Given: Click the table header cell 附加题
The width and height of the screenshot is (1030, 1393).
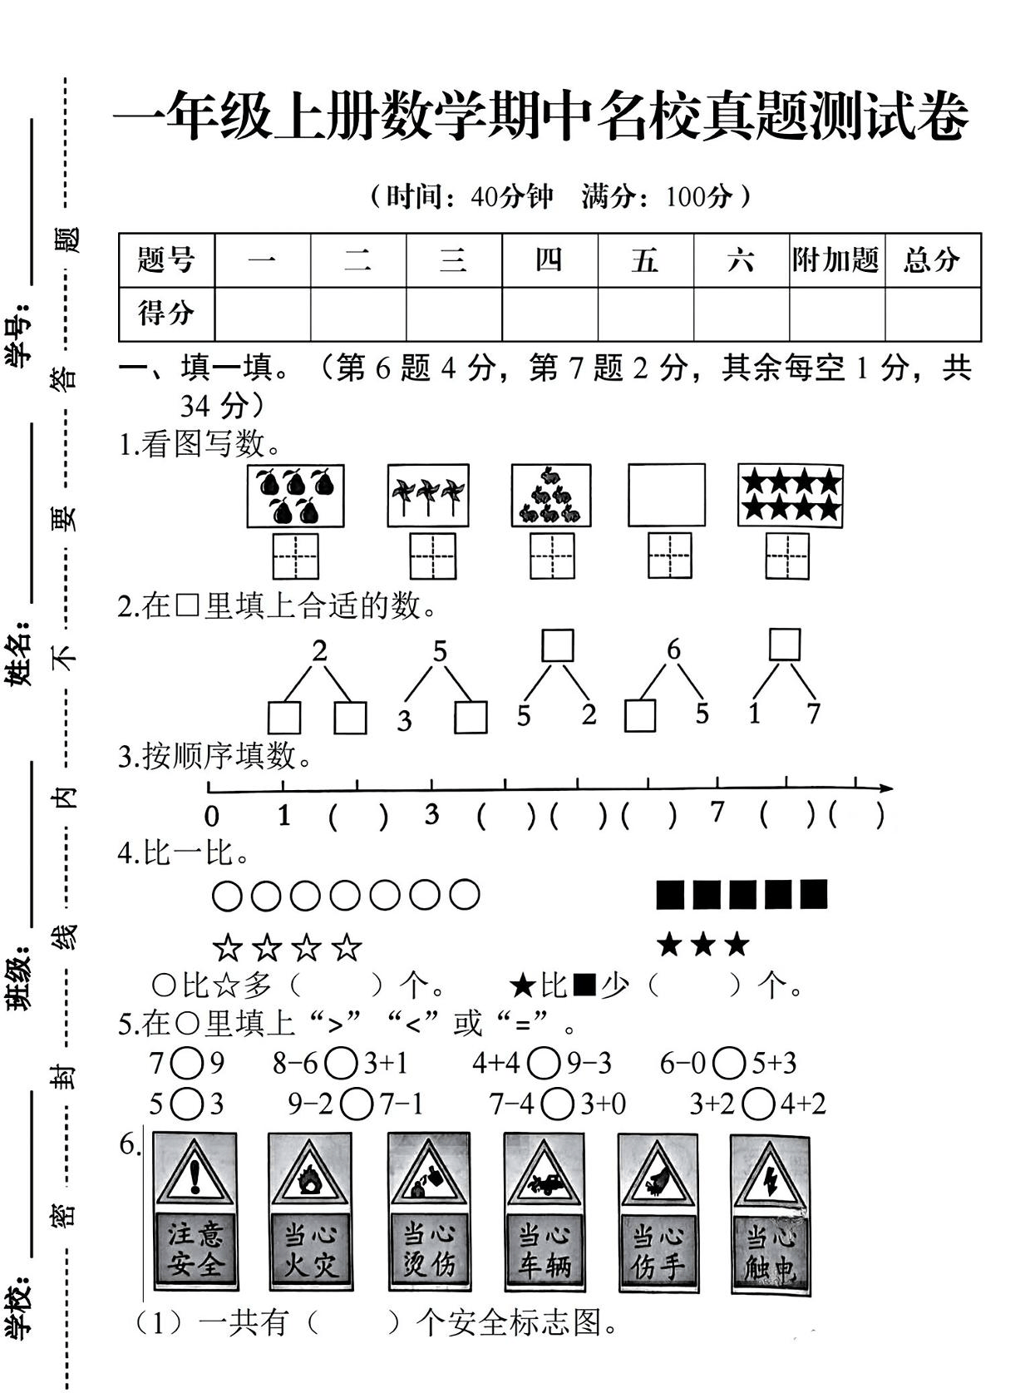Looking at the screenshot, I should pos(835,260).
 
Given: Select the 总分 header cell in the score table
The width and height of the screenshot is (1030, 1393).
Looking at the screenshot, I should pos(932,260).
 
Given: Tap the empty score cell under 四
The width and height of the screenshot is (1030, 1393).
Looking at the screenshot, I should pos(549,314).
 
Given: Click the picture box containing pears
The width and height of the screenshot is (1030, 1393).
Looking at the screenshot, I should pos(295,496).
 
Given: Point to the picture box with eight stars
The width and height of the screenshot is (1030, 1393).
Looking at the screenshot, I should pos(791,496).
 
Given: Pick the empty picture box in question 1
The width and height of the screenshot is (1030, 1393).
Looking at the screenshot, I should pos(667,496).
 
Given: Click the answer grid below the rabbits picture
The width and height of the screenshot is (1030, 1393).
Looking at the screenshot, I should pos(552,556).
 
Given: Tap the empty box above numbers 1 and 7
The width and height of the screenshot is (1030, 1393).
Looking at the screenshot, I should pos(785,645).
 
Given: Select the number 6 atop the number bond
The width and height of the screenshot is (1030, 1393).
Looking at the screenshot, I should pos(673,650).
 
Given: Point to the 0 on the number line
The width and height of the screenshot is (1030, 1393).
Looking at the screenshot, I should pos(212,817).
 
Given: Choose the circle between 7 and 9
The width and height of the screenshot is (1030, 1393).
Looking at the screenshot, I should pos(189,1063).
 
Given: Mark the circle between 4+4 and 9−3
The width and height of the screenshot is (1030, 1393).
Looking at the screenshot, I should pos(545,1063).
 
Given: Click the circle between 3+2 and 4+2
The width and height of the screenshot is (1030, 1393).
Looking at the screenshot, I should pos(757,1104).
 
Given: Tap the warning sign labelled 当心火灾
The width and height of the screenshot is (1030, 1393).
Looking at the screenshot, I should pos(310,1210).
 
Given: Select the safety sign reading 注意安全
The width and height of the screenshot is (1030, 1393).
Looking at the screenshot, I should pos(195,1210).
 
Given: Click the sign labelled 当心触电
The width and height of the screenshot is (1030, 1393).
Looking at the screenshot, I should pos(771,1214).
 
